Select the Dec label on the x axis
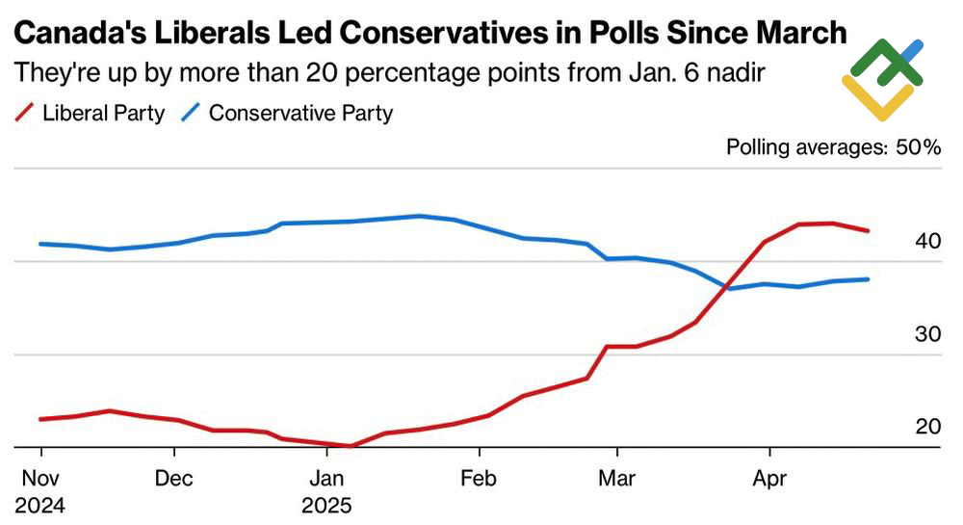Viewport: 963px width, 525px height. coord(174,478)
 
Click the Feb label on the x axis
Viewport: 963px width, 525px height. coord(479,478)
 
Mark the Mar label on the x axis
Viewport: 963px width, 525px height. coord(616,478)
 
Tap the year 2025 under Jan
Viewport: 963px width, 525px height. coord(328,505)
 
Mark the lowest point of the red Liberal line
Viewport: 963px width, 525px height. coord(350,446)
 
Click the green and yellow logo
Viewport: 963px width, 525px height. coord(882,80)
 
